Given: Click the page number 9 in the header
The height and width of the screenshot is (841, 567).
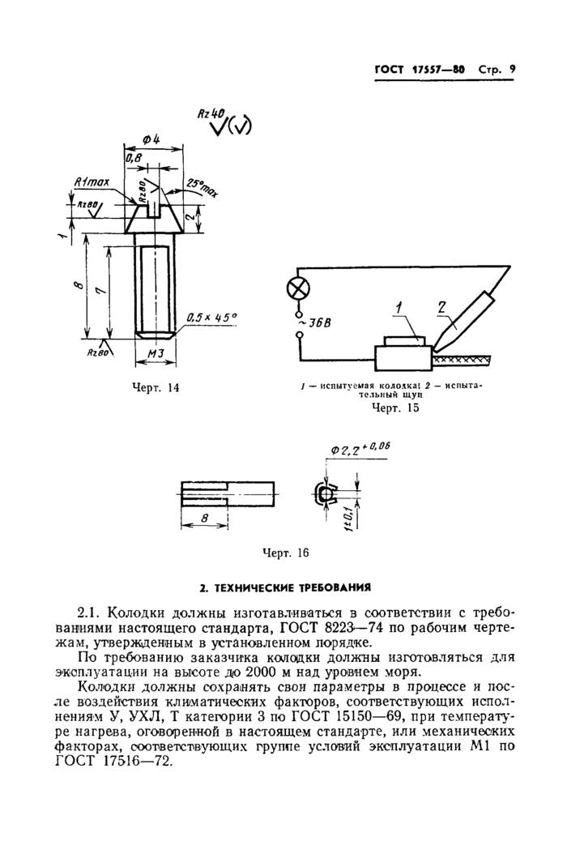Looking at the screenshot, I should coord(511,70).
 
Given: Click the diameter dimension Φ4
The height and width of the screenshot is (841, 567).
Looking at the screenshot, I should coord(150,138).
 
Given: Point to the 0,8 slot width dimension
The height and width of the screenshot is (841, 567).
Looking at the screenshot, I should coord(133,160).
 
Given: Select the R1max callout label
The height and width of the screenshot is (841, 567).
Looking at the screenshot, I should coord(92,184).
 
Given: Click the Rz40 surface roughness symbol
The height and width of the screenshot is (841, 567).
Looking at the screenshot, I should coord(212,114).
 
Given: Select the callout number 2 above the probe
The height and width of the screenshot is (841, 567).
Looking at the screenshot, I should coord(441,306).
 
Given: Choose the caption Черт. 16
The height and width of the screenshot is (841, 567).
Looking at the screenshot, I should coord(287,553).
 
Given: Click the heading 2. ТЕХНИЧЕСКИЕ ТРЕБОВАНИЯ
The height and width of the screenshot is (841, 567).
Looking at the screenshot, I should coord(285,587).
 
